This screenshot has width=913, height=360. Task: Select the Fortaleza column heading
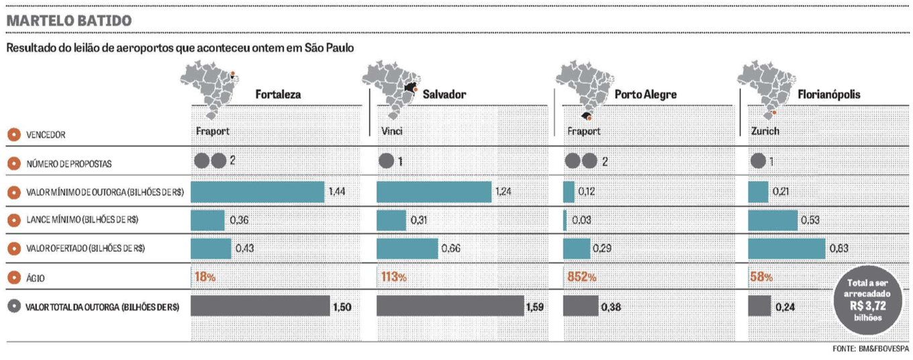click(x=278, y=95)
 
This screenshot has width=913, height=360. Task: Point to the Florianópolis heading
click(x=828, y=95)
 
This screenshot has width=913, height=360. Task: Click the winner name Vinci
click(x=391, y=132)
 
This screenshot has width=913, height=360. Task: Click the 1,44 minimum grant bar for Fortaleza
click(x=257, y=192)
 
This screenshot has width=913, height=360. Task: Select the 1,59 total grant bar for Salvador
click(x=450, y=306)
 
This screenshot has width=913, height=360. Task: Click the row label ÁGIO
click(x=35, y=277)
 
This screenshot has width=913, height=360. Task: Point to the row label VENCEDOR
click(x=46, y=134)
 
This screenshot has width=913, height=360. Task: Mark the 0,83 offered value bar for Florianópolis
click(x=786, y=249)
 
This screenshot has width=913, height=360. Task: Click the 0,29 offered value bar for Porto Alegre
click(x=576, y=249)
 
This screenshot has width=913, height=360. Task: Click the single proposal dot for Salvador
click(x=386, y=161)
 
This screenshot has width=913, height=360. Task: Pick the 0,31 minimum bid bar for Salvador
click(x=391, y=220)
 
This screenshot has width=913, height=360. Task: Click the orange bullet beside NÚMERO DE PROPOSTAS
click(x=13, y=163)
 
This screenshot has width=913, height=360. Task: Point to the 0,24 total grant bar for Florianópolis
click(x=759, y=306)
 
